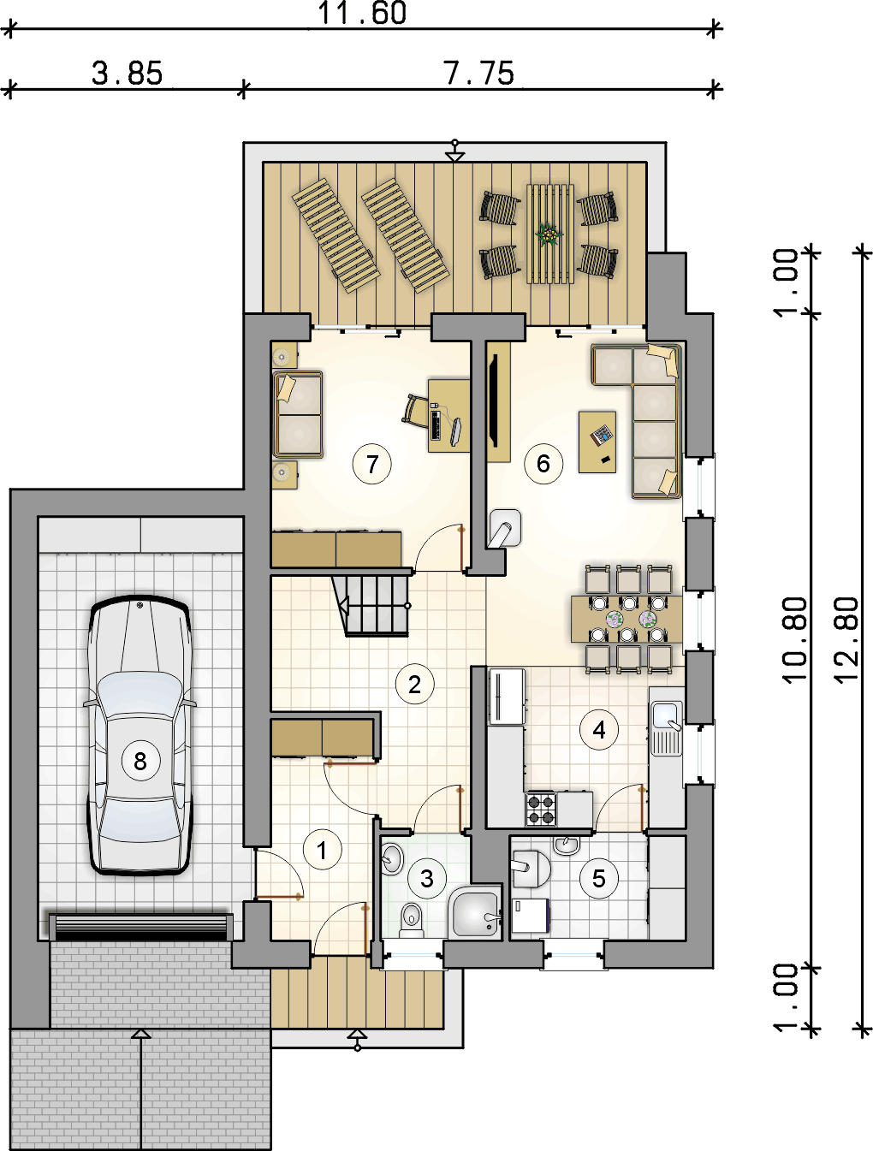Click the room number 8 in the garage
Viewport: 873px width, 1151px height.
click(x=140, y=761)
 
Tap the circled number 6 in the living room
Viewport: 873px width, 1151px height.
click(x=543, y=464)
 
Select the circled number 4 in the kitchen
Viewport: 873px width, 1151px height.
click(x=599, y=730)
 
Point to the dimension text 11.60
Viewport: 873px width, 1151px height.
click(x=362, y=13)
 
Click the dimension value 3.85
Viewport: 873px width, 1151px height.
click(x=127, y=73)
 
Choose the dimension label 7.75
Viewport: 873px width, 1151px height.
click(x=478, y=73)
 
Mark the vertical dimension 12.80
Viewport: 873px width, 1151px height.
click(x=846, y=639)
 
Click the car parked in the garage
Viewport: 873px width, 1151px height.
click(x=140, y=736)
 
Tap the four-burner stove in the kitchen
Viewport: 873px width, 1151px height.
click(x=541, y=809)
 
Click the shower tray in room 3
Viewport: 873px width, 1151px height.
click(x=474, y=913)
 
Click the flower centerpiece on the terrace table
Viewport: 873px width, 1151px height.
click(x=549, y=234)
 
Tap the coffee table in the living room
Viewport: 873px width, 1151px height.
click(x=597, y=442)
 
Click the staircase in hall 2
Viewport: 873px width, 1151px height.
click(x=371, y=605)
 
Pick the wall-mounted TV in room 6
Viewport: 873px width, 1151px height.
click(x=494, y=400)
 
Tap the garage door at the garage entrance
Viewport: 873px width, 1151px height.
click(x=140, y=928)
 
